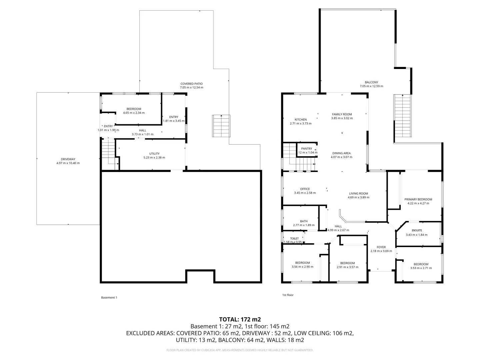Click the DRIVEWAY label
point(68,159)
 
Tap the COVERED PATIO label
point(191,84)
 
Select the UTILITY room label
point(154,154)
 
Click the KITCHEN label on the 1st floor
point(300,120)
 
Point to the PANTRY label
point(306,149)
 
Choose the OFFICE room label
point(305,189)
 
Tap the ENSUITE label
point(417,230)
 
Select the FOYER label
point(381,247)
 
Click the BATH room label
point(303,221)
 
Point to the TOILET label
point(294,238)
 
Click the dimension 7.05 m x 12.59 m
point(371,86)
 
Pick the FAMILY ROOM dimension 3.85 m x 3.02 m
point(342,118)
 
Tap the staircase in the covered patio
point(221,126)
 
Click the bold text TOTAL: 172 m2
point(240,319)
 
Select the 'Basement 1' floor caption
point(109,298)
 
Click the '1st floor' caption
point(288,295)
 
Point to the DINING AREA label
point(341,153)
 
